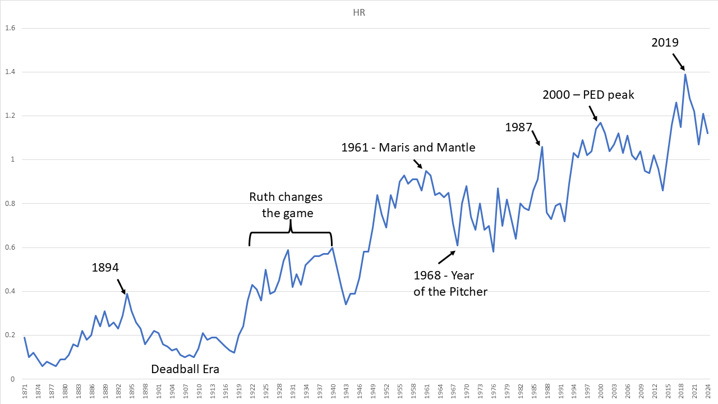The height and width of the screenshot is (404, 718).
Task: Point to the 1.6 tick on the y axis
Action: [10, 28]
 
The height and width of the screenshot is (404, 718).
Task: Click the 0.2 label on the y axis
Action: [10, 335]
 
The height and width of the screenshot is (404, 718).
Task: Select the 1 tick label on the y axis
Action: [13, 160]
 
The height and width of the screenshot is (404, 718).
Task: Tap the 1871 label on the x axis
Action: [25, 391]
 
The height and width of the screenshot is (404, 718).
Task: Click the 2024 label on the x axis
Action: [708, 391]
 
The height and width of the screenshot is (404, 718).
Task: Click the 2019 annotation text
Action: [665, 43]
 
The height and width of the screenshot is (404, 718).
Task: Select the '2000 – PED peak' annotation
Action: [588, 95]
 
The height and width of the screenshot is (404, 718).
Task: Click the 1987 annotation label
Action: [518, 127]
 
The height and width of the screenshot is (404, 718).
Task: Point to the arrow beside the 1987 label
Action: [536, 136]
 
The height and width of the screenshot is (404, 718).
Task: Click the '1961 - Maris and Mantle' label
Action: [408, 148]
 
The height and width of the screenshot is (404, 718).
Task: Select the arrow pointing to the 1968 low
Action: [447, 256]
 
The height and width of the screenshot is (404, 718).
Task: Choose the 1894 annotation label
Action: [105, 268]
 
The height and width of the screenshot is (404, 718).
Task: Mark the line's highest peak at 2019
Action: [685, 74]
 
